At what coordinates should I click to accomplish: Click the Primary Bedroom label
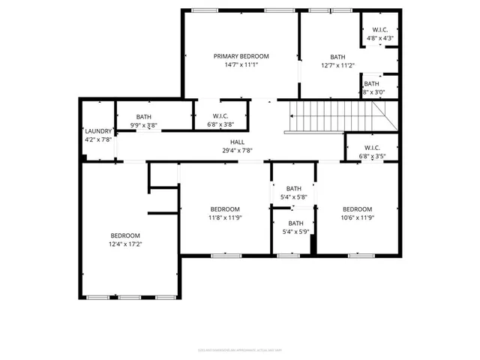(x=241, y=56)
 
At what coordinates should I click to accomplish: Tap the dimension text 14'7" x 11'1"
(x=241, y=65)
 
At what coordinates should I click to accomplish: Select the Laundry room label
(x=97, y=130)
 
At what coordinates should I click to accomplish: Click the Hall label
(x=237, y=142)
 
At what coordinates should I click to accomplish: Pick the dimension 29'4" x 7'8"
(x=237, y=150)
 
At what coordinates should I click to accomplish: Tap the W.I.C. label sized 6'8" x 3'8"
(x=220, y=117)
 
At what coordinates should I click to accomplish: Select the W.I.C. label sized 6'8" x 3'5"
(x=372, y=148)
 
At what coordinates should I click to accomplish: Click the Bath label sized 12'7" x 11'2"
(x=337, y=57)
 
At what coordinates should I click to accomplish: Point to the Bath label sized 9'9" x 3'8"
(x=143, y=117)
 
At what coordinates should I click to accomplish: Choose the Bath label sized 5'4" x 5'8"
(x=293, y=189)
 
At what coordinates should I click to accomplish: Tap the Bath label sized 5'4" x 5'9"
(x=295, y=223)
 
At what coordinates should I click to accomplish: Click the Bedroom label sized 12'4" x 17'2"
(x=125, y=235)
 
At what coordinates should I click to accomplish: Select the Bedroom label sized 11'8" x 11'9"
(x=224, y=209)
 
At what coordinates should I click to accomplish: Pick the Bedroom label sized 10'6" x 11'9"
(x=357, y=209)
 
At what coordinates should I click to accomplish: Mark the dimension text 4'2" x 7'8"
(x=97, y=139)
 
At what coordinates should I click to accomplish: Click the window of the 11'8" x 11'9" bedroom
(x=224, y=256)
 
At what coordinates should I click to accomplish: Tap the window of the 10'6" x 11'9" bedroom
(x=361, y=256)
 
